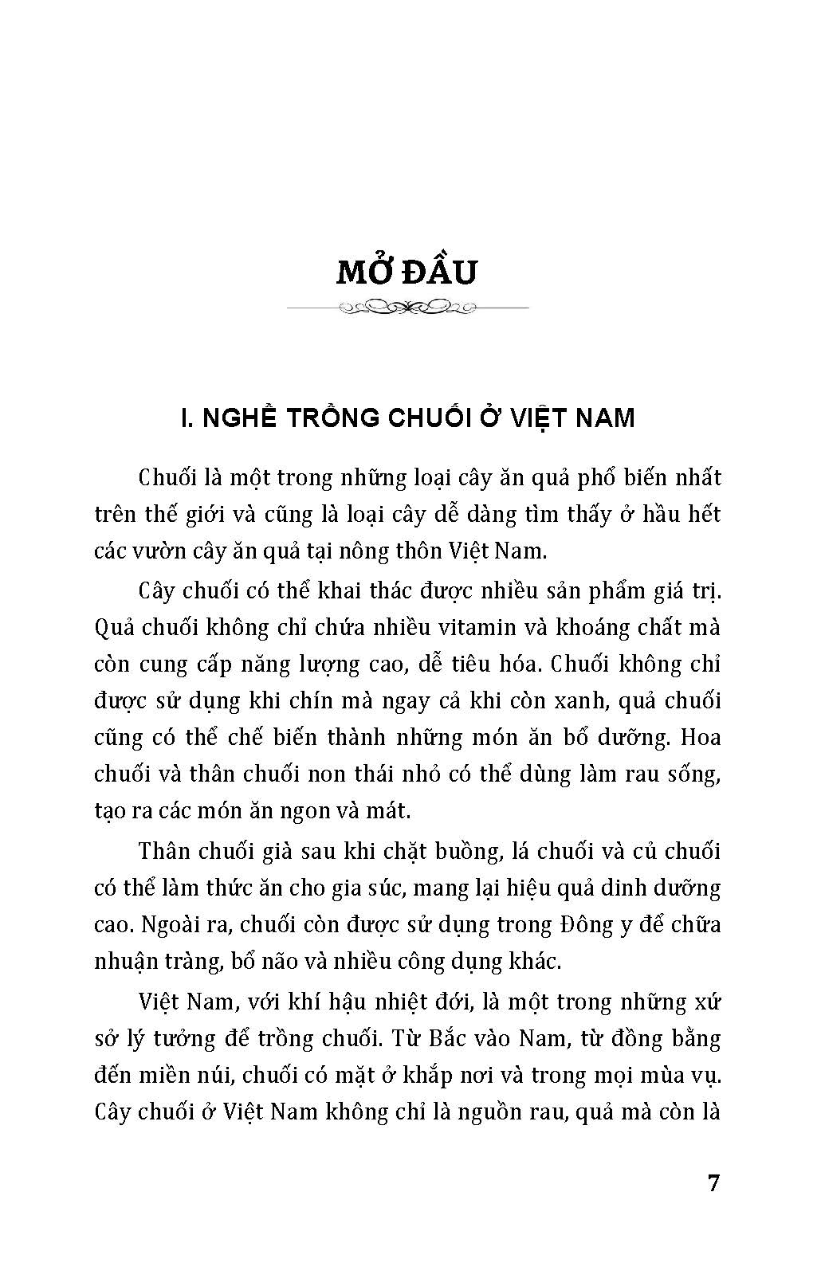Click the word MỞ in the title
tap(364, 272)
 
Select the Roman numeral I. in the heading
tap(189, 418)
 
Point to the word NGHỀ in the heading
tap(239, 418)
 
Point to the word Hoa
tap(701, 737)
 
